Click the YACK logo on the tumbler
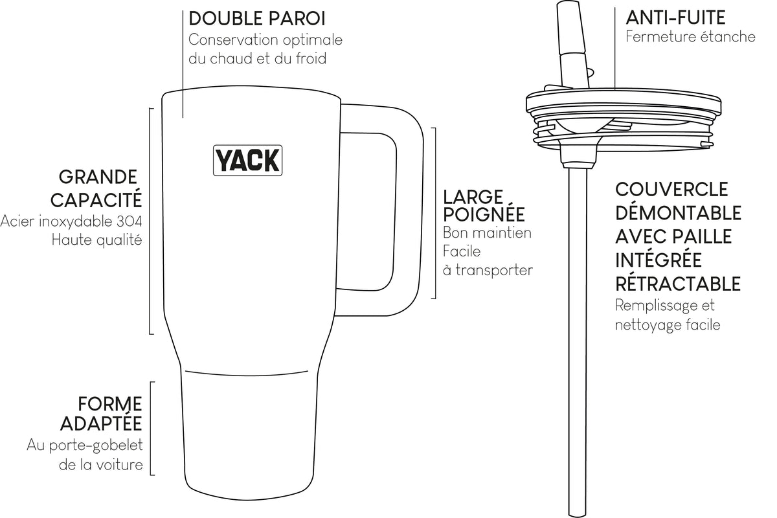247,161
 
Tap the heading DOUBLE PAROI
257,19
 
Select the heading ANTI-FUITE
675,17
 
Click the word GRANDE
98,177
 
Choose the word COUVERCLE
671,190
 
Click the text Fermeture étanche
690,37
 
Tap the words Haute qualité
96,240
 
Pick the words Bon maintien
487,233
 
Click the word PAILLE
702,236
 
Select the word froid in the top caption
311,58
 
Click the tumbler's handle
409,210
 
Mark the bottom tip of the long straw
578,515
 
